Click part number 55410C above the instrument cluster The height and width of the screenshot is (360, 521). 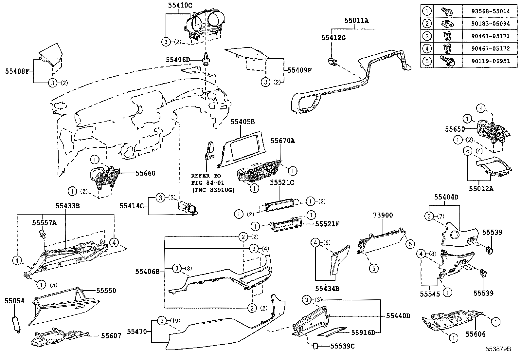click(180, 5)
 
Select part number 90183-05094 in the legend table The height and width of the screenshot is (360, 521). click(486, 24)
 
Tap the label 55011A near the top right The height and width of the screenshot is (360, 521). click(356, 21)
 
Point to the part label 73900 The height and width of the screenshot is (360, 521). click(383, 215)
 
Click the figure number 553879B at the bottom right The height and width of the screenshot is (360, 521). click(498, 349)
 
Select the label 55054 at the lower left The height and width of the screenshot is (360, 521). click(14, 301)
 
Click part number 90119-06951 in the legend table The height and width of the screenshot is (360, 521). click(486, 61)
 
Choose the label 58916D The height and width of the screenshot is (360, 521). click(363, 332)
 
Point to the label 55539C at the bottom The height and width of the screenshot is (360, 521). click(342, 346)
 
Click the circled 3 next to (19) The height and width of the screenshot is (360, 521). click(162, 321)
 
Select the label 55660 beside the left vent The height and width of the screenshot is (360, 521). click(146, 173)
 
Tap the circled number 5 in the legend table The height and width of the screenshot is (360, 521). click(427, 61)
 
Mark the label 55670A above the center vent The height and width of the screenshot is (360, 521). click(282, 141)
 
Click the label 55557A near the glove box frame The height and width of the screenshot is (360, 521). click(44, 223)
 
